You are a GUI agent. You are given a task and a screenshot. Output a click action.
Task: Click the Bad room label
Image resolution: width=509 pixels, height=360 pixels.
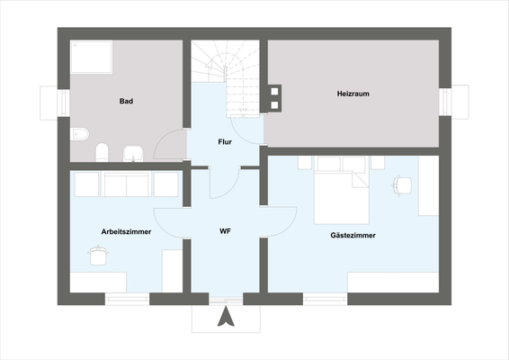[x=127, y=102]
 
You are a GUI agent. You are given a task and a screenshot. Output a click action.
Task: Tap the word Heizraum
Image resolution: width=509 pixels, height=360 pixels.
[x=353, y=93]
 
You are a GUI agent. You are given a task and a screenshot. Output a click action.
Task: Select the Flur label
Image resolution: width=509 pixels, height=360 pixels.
[x=226, y=142]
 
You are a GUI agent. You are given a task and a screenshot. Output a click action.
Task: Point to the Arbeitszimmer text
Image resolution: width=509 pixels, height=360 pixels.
[x=126, y=232]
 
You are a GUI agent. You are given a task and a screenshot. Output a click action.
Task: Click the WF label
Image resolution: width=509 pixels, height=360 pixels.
[x=226, y=232]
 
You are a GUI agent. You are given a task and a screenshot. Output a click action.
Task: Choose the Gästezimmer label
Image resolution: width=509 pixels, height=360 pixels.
[x=353, y=236]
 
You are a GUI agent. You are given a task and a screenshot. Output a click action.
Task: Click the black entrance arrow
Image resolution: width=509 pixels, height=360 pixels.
[x=227, y=317]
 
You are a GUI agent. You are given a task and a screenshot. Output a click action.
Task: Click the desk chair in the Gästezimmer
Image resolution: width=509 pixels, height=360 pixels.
[x=401, y=184]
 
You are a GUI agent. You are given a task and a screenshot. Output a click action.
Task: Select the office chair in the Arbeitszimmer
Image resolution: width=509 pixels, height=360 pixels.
[x=97, y=256]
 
